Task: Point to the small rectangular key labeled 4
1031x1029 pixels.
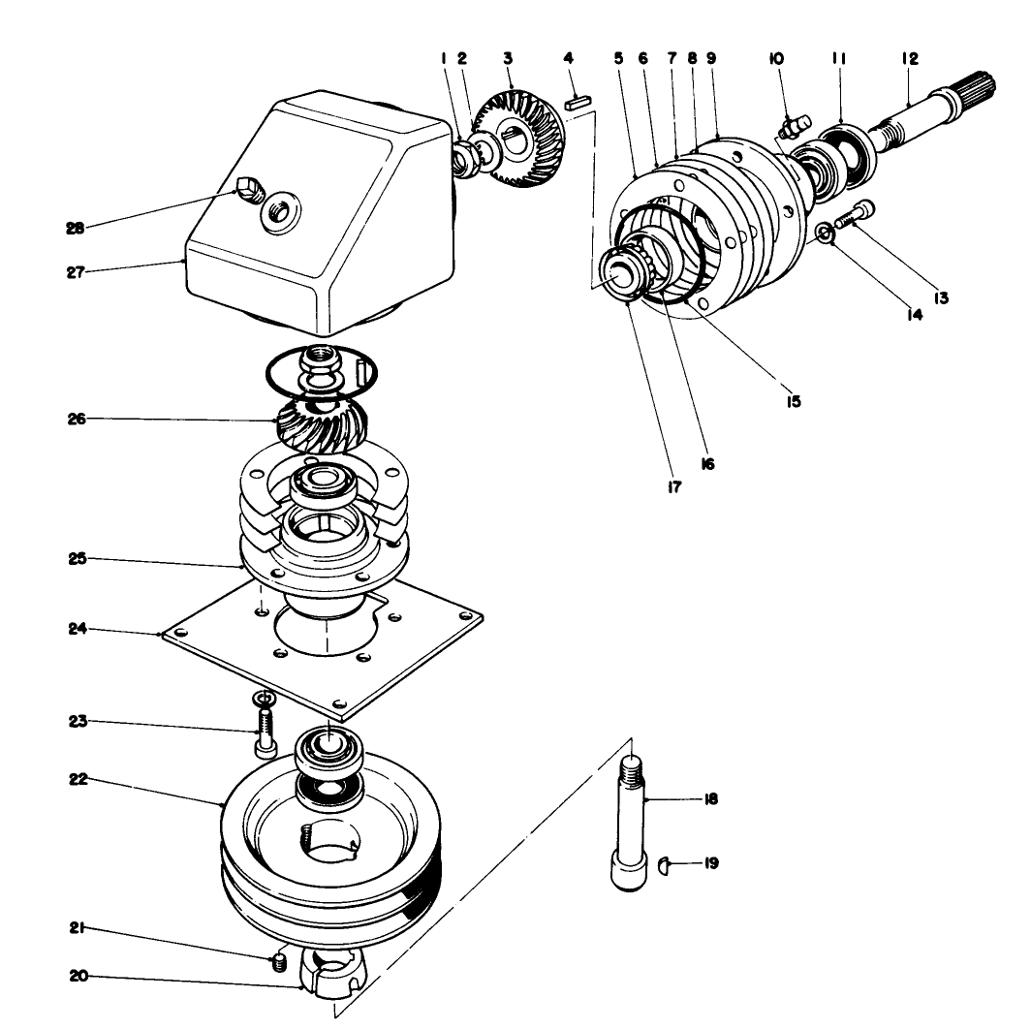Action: pyautogui.click(x=578, y=97)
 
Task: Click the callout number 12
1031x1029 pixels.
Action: pyautogui.click(x=909, y=58)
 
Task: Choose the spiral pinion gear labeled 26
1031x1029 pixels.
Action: pyautogui.click(x=321, y=424)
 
